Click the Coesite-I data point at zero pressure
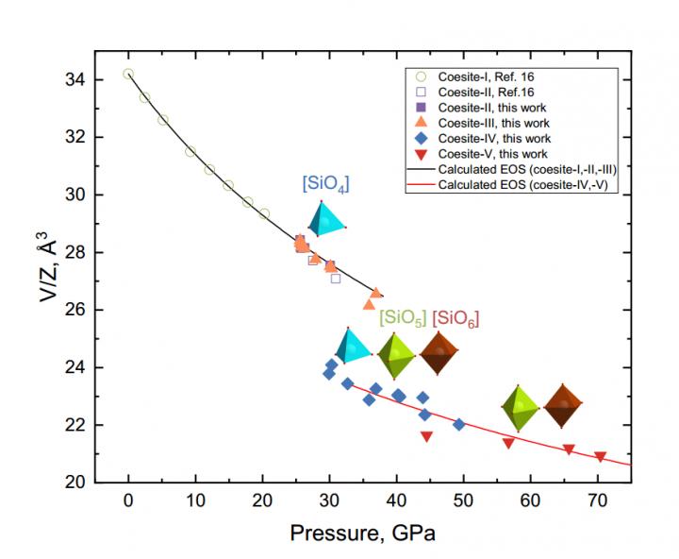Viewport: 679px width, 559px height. point(128,74)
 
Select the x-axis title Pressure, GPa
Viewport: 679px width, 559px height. point(362,533)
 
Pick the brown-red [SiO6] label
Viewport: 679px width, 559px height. point(456,317)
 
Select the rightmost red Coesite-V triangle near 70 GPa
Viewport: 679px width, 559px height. point(600,457)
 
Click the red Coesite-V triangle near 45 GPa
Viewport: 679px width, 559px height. point(426,436)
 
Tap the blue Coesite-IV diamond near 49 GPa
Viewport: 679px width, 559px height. point(459,424)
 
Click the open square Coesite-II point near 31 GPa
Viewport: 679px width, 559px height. point(335,279)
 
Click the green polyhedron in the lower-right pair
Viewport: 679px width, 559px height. point(520,407)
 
